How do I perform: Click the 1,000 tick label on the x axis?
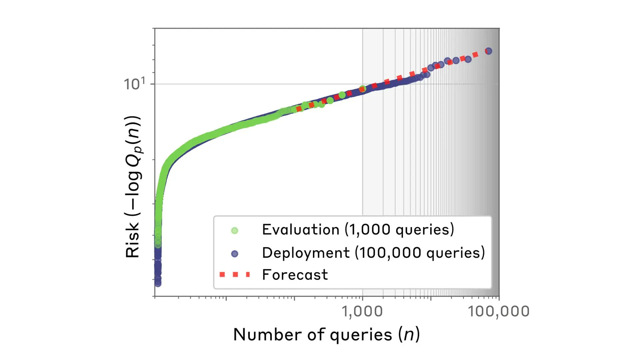pyautogui.click(x=362, y=311)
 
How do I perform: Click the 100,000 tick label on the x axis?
pyautogui.click(x=498, y=311)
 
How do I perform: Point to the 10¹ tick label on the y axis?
pyautogui.click(x=134, y=84)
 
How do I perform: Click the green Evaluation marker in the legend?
pyautogui.click(x=235, y=230)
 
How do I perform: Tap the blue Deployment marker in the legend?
pyautogui.click(x=235, y=254)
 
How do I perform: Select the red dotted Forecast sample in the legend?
pyautogui.click(x=235, y=275)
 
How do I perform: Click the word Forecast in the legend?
pyautogui.click(x=295, y=275)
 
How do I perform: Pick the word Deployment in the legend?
pyautogui.click(x=306, y=253)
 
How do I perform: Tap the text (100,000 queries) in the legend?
pyautogui.click(x=420, y=253)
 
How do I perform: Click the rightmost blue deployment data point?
pyautogui.click(x=488, y=51)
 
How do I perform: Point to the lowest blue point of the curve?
pyautogui.click(x=158, y=283)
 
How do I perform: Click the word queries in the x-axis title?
pyautogui.click(x=361, y=335)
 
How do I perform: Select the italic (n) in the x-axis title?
pyautogui.click(x=409, y=334)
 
